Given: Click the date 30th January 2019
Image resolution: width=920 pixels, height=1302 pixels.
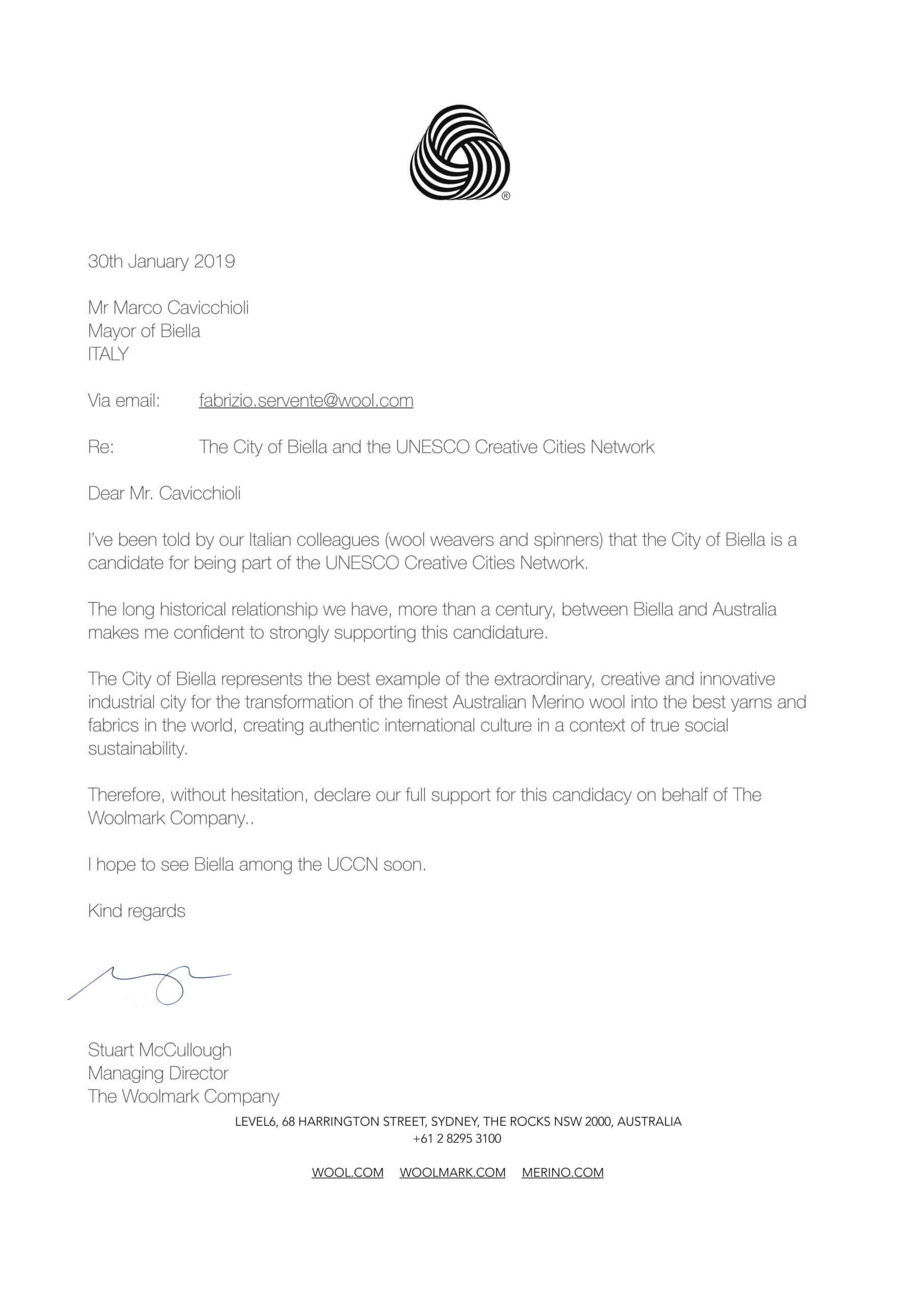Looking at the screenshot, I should [161, 261].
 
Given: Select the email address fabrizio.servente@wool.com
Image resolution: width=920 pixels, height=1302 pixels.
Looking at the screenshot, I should [305, 401].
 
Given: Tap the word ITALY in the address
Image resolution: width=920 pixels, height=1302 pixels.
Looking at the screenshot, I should [108, 354].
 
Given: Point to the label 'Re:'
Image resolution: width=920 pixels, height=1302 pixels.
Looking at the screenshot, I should [101, 448].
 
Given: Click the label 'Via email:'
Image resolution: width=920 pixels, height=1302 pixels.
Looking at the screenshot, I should [124, 401].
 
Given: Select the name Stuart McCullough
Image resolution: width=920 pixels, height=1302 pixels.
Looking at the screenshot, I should [159, 1050].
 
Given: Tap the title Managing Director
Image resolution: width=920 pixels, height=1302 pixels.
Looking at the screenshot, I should [158, 1074].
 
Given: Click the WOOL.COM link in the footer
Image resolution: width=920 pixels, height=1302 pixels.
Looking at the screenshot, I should [348, 1173].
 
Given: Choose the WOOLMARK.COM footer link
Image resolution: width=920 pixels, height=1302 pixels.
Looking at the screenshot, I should [452, 1173].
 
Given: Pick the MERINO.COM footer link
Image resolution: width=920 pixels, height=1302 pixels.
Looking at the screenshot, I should [562, 1173].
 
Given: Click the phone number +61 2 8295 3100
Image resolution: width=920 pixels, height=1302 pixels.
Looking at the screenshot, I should [457, 1139].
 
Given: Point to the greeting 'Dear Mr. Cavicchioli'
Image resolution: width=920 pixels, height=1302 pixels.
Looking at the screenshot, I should [164, 494].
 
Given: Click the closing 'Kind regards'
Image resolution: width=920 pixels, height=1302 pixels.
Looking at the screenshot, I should [137, 911].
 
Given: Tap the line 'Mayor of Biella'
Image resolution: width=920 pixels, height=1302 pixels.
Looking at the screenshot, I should [144, 331].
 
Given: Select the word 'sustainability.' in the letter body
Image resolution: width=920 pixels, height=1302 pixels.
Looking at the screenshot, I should [137, 749].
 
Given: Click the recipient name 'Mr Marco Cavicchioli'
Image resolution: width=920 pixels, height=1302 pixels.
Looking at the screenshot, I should [168, 308].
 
